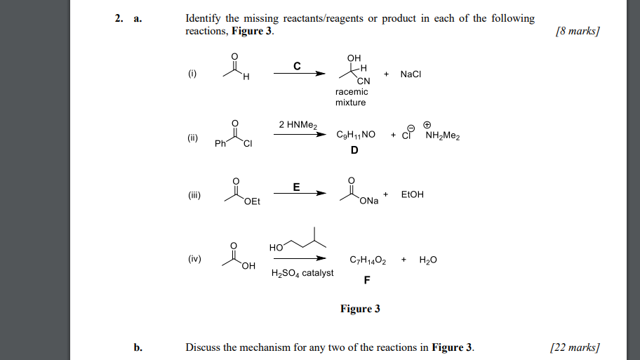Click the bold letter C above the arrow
point(297,67)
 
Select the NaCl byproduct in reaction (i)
point(411,74)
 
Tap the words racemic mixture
point(351,98)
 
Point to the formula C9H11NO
point(356,136)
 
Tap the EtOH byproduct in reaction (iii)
point(412,194)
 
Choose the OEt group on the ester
point(252,201)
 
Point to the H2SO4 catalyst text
point(302,273)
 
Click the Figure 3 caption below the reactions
point(360,309)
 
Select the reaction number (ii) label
point(194,137)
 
